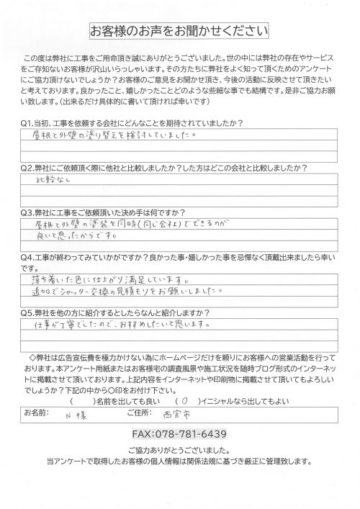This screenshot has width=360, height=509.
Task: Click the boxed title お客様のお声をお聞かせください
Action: coord(179,32)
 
